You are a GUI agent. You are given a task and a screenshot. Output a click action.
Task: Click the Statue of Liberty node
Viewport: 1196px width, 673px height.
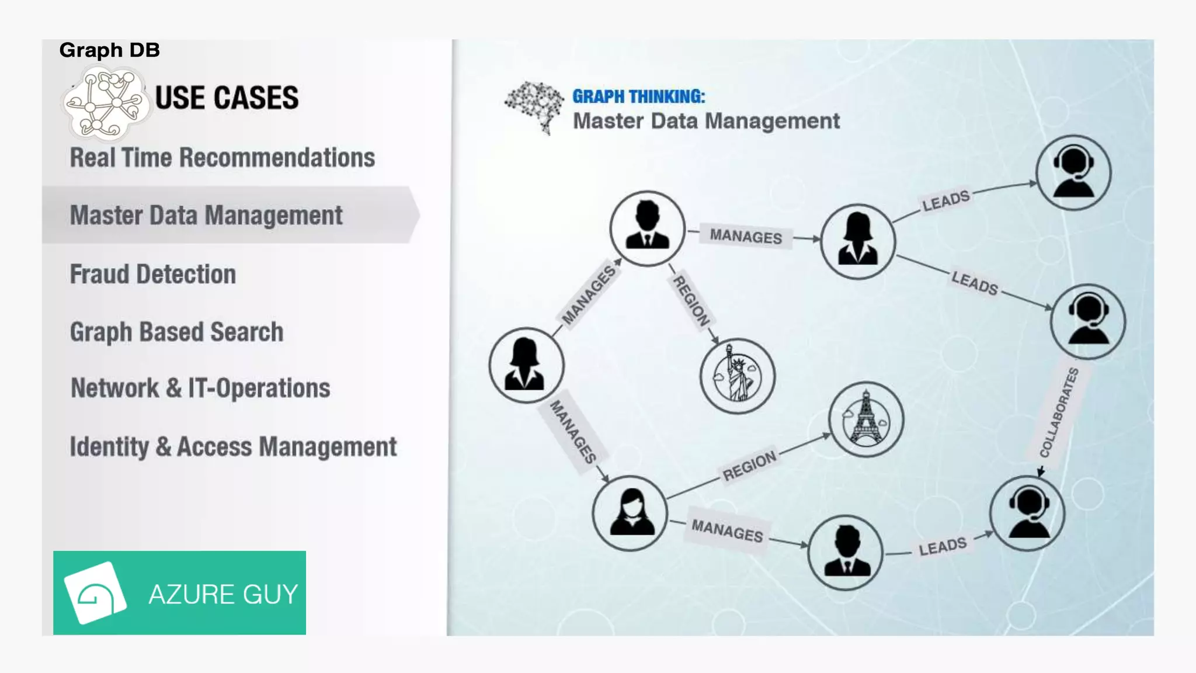pos(738,376)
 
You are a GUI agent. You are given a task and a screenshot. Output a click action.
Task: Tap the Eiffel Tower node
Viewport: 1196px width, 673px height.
pos(866,419)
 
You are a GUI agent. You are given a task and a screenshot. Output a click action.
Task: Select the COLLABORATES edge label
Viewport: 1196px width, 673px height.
pos(1058,412)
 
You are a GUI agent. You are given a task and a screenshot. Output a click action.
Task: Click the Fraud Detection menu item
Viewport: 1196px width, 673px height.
pos(153,274)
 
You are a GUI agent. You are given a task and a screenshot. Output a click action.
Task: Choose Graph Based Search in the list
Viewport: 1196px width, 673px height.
pos(176,332)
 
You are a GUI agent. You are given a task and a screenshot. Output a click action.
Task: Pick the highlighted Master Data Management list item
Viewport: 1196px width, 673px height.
pos(206,215)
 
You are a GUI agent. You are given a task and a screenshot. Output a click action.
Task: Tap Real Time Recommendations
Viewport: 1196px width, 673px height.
pos(222,158)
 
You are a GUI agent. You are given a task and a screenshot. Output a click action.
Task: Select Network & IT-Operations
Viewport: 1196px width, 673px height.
pos(200,388)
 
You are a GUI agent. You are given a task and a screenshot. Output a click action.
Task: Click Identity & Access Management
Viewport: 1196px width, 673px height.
pos(233,447)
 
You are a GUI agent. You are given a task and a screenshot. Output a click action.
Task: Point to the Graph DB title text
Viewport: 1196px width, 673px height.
pos(109,50)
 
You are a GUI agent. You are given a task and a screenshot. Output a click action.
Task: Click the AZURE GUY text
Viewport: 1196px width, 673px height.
pos(223,594)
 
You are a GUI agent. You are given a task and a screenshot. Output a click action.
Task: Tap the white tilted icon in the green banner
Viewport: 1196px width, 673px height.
pos(95,592)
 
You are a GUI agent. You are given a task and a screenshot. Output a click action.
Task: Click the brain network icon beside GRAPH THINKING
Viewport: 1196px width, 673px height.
pos(534,107)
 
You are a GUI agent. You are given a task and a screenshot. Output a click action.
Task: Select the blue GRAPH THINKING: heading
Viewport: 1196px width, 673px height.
pos(638,96)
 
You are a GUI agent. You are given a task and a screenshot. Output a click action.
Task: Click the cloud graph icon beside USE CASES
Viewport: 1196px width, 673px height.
pos(106,103)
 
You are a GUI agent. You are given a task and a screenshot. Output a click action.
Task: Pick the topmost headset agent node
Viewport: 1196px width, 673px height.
pos(1073,172)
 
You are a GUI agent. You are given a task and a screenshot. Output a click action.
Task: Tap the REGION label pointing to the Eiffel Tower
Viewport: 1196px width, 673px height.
pos(749,465)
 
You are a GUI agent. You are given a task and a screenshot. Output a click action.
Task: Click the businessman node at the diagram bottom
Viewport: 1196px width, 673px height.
pos(846,552)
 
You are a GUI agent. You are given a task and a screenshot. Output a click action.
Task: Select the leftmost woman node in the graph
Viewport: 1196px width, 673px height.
pos(526,365)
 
